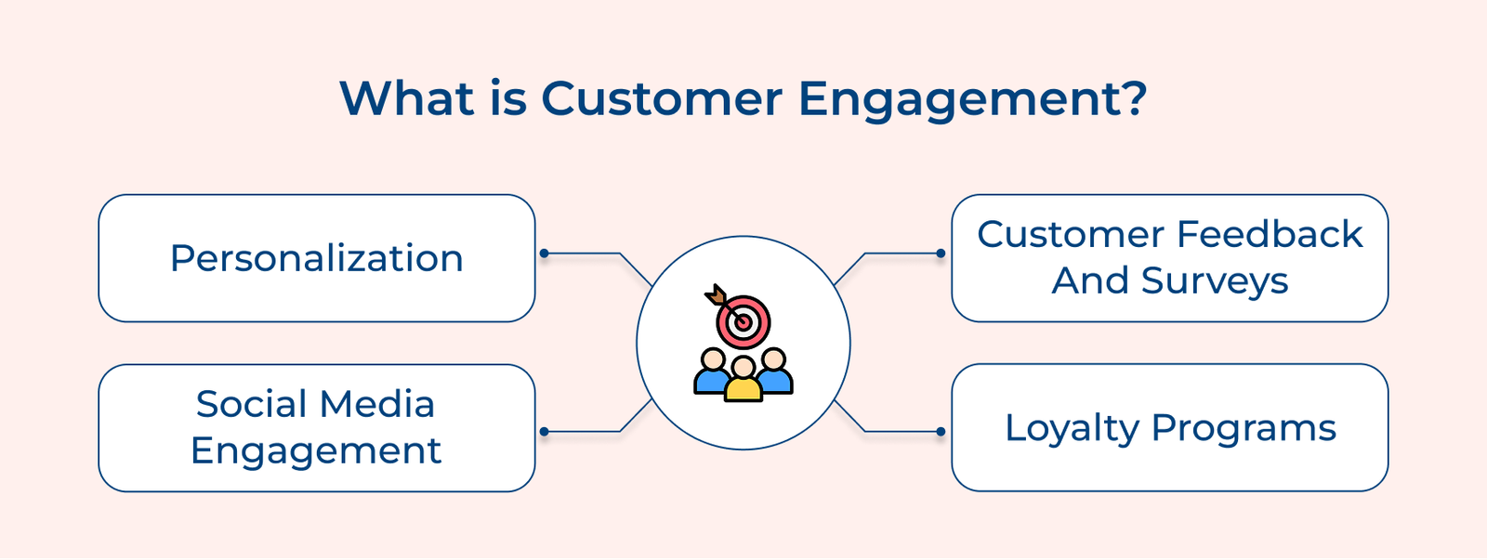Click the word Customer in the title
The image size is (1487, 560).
[661, 98]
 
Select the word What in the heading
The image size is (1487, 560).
[407, 98]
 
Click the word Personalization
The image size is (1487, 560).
[316, 258]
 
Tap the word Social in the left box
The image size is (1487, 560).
[251, 404]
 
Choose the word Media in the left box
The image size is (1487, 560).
[376, 404]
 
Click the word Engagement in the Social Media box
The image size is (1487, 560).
[316, 451]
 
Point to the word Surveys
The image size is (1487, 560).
[1215, 281]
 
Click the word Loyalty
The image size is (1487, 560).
[1072, 428]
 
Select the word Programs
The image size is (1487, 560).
[1244, 428]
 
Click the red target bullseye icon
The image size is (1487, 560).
[743, 321]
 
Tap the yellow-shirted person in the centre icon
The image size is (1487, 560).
[743, 380]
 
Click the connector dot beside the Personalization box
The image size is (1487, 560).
[545, 254]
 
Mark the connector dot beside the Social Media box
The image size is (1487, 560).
[545, 432]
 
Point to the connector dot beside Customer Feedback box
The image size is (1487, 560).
[941, 254]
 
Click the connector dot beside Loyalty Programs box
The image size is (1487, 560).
[941, 432]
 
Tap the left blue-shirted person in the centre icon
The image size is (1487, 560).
[712, 371]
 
